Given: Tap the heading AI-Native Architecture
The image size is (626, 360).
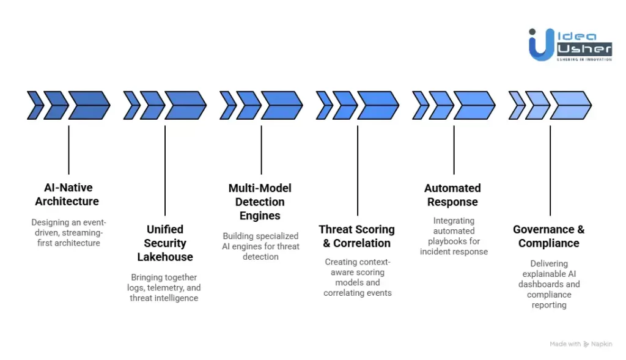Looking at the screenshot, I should pyautogui.click(x=67, y=194).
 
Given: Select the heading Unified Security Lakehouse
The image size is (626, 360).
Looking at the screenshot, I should pyautogui.click(x=164, y=243).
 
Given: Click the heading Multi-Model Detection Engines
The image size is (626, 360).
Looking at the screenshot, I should pyautogui.click(x=260, y=202).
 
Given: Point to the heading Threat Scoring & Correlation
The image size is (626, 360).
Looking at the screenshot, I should pyautogui.click(x=356, y=236).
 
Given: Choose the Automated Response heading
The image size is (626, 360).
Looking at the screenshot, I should pyautogui.click(x=452, y=194).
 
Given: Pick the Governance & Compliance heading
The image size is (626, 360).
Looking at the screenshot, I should pyautogui.click(x=548, y=236).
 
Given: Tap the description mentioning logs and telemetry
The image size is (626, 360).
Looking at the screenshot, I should pyautogui.click(x=164, y=287).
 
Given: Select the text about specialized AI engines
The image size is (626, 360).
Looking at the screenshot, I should pyautogui.click(x=260, y=246).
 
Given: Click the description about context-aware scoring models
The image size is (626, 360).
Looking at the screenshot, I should pyautogui.click(x=357, y=277).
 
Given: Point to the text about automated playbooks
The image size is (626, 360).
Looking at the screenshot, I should pyautogui.click(x=453, y=236).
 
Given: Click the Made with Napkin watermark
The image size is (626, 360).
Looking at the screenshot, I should pyautogui.click(x=580, y=344).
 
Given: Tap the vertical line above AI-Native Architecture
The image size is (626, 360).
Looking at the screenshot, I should pyautogui.click(x=68, y=150).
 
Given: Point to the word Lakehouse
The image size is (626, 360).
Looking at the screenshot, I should pyautogui.click(x=164, y=257).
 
